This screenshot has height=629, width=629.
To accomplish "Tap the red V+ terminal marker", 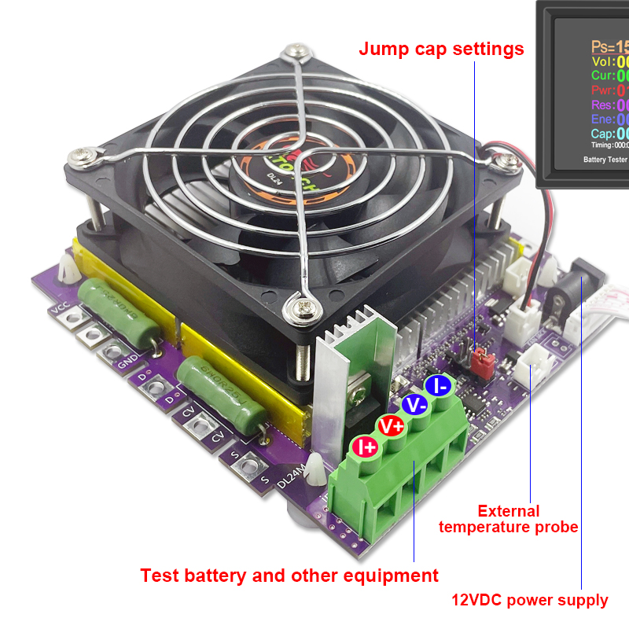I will click(391, 425).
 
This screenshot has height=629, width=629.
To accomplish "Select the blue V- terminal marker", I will click(414, 405).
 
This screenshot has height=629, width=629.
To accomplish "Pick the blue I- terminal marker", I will click(437, 386).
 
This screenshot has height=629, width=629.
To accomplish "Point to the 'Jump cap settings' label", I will click(441, 49).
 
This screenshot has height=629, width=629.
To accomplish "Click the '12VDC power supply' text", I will click(529, 601).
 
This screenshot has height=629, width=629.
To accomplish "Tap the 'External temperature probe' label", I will click(508, 519).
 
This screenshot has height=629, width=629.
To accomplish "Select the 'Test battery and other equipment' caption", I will click(289, 576).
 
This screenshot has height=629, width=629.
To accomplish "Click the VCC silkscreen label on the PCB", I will click(59, 306).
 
